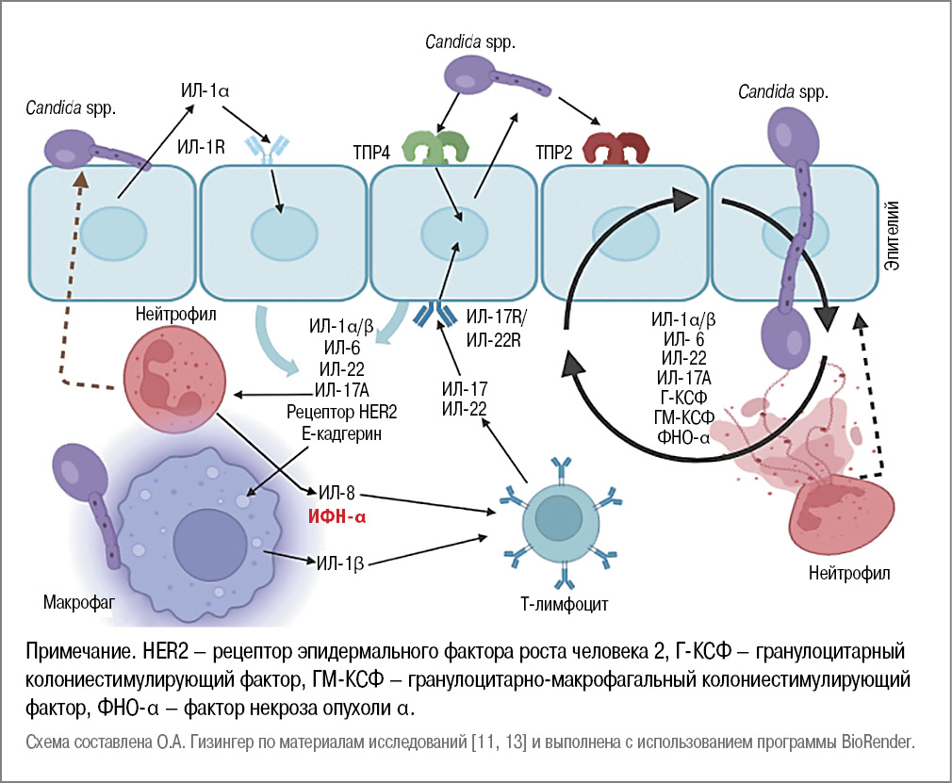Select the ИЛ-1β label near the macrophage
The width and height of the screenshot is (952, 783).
(x=339, y=563)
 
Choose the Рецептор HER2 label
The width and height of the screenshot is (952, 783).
(x=338, y=413)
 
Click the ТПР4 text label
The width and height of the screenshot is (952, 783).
(x=369, y=151)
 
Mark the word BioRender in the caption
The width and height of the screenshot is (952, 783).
(x=878, y=742)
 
